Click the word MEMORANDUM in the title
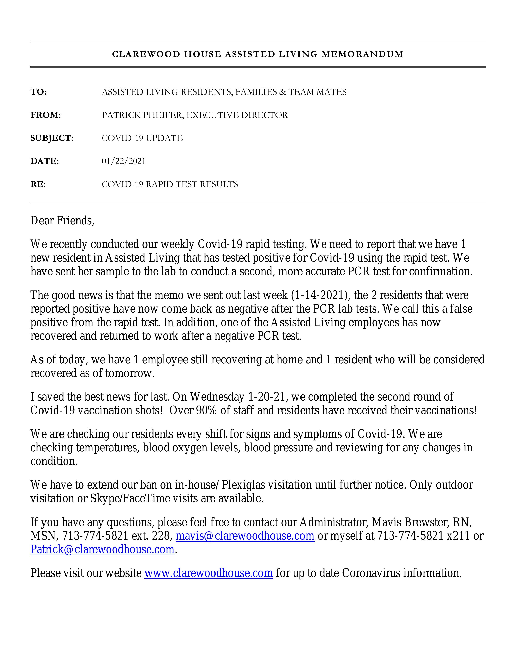pyautogui.click(x=362, y=54)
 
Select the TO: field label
pyautogui.click(x=38, y=92)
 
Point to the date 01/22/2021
pyautogui.click(x=124, y=161)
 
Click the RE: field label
pyautogui.click(x=38, y=184)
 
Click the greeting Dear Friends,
pyautogui.click(x=62, y=221)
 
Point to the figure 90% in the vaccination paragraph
pyautogui.click(x=206, y=410)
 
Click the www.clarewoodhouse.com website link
pyautogui.click(x=209, y=573)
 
